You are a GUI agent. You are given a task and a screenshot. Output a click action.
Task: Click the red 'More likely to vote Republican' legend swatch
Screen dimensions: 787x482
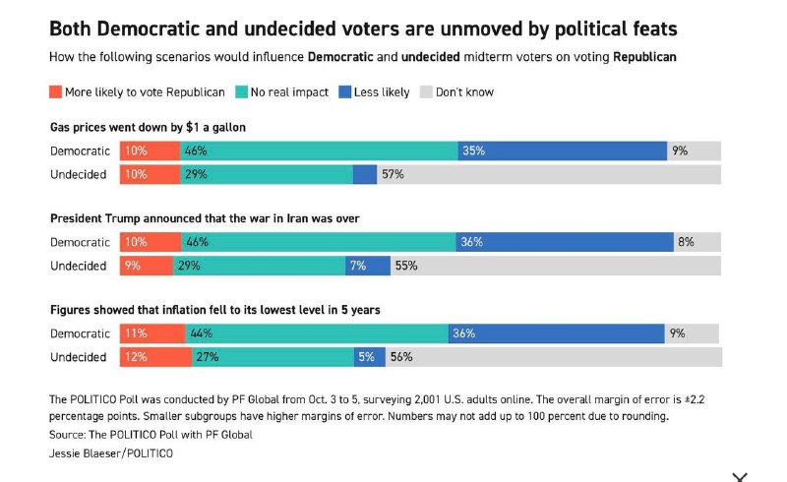coord(55,91)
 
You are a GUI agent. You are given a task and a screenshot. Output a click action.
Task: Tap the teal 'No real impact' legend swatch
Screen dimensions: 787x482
coord(241,91)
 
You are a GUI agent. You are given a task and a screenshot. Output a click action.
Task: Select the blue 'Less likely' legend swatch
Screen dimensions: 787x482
coord(345,91)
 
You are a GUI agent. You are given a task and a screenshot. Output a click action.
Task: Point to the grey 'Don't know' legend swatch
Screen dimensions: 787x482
coord(426,91)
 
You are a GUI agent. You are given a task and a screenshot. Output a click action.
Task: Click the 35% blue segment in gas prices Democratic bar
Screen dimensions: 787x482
coord(562,151)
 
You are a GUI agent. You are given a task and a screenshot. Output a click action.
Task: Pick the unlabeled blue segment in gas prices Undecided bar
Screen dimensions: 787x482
coord(365,175)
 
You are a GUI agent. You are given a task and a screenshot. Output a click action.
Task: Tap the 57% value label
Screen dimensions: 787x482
coord(393,174)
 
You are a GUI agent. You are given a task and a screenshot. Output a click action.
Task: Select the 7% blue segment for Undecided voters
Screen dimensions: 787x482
coord(368,266)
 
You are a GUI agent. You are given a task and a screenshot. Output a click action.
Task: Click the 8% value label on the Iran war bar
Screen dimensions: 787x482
coord(686,242)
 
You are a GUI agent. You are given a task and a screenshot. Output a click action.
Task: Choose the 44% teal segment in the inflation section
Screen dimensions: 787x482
coord(317,333)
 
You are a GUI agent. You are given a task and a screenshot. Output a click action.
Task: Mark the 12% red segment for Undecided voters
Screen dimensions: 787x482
coord(155,357)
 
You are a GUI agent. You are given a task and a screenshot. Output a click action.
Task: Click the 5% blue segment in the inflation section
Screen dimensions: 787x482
coord(370,357)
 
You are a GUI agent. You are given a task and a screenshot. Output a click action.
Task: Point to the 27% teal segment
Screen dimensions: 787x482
coord(272,357)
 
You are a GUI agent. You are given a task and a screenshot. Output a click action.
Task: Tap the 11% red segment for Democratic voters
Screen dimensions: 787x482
coord(152,333)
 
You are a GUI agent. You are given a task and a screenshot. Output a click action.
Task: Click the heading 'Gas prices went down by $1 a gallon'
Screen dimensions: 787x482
coord(149,128)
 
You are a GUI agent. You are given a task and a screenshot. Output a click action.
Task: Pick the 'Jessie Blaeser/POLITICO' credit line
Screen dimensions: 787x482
coord(111,453)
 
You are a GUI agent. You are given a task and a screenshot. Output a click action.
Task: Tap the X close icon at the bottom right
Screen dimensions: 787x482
coord(740,477)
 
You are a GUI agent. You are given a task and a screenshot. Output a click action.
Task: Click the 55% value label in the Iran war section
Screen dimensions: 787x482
coord(406,266)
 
